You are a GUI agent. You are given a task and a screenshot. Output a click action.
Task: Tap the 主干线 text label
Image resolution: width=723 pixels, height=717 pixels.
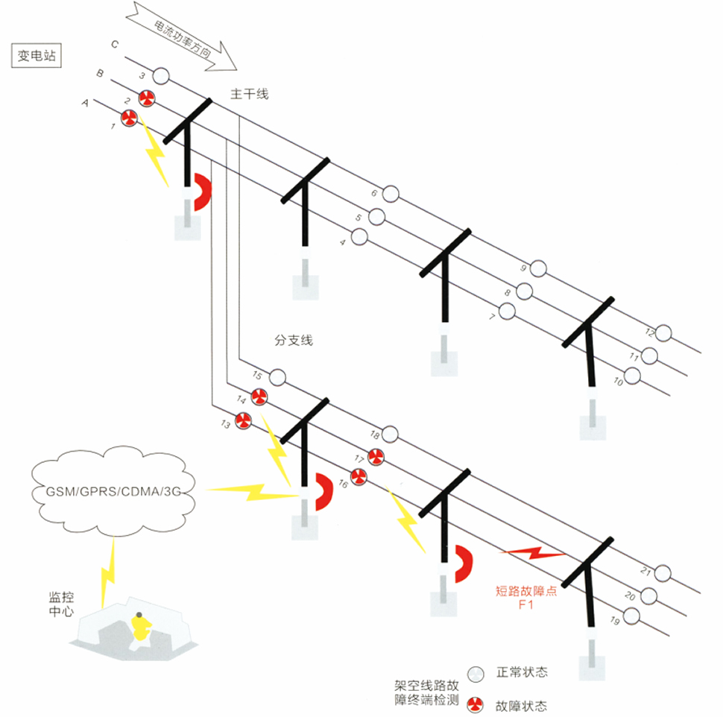click(x=249, y=94)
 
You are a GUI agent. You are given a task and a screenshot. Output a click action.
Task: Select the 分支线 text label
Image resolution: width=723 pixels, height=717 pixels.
click(x=294, y=341)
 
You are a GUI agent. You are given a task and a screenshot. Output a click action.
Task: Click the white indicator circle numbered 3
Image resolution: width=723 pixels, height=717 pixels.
click(x=160, y=75)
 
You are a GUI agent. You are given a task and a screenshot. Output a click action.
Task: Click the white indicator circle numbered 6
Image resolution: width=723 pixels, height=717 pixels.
click(x=391, y=195)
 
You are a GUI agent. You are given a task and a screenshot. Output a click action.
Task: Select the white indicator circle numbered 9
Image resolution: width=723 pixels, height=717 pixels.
click(x=538, y=269)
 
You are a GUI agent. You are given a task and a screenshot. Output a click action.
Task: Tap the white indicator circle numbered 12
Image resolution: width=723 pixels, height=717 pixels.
click(x=663, y=333)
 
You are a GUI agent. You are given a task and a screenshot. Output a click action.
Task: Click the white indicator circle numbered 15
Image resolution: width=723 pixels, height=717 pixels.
click(x=277, y=377)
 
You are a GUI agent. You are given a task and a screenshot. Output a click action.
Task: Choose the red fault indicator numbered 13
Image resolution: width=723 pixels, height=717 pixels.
click(x=243, y=420)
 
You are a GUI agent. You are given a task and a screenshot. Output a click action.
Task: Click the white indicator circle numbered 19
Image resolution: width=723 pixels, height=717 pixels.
click(x=632, y=616)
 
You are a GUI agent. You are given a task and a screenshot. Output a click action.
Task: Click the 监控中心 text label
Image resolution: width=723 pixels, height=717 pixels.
click(x=62, y=604)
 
